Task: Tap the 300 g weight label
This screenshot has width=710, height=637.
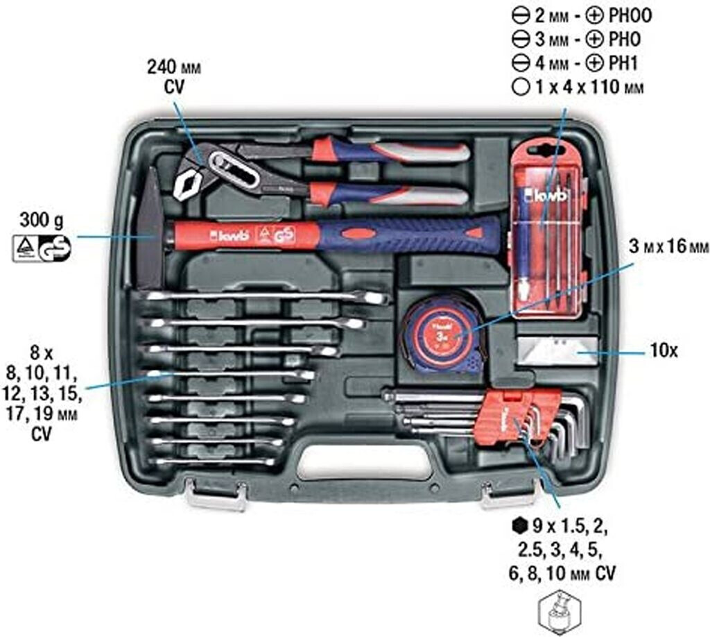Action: (42, 221)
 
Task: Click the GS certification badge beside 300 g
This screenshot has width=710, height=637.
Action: (55, 248)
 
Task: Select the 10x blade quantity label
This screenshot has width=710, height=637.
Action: (664, 350)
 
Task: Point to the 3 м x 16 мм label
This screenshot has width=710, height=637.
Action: (668, 246)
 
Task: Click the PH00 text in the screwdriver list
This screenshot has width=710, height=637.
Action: (630, 16)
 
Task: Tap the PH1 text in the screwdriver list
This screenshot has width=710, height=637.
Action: (623, 63)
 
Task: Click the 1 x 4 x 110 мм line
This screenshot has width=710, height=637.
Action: (578, 87)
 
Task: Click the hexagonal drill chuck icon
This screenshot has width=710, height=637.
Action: (560, 613)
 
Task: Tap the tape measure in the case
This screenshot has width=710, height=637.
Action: (442, 335)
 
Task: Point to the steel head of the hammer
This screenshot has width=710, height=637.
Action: (150, 226)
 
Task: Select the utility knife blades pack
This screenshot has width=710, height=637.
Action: (557, 350)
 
